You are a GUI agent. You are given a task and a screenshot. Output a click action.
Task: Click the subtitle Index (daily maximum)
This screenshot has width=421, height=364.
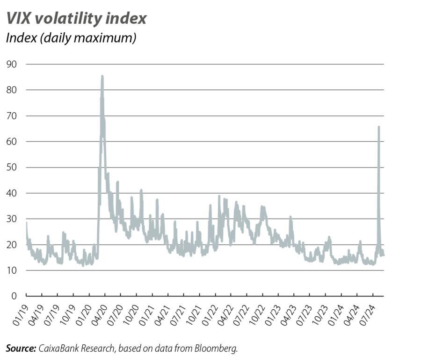click(71, 38)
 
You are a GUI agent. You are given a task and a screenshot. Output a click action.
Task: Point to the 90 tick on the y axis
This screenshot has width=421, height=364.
click(11, 64)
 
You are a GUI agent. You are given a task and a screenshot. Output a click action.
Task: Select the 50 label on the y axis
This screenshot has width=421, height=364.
click(11, 167)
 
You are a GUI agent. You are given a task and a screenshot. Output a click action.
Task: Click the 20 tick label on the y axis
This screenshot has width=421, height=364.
click(11, 244)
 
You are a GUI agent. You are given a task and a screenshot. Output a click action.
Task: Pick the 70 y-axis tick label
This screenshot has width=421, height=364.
click(11, 116)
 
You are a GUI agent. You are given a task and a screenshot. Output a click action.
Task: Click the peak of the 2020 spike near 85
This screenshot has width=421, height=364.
click(102, 76)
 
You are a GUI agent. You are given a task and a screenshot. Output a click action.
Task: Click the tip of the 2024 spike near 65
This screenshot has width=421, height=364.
click(378, 127)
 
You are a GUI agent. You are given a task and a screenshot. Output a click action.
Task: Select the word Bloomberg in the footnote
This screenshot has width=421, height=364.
click(220, 348)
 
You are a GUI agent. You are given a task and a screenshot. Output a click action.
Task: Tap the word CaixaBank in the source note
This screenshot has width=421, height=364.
click(57, 348)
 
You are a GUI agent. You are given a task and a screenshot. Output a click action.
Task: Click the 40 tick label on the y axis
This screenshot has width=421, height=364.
click(11, 193)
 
